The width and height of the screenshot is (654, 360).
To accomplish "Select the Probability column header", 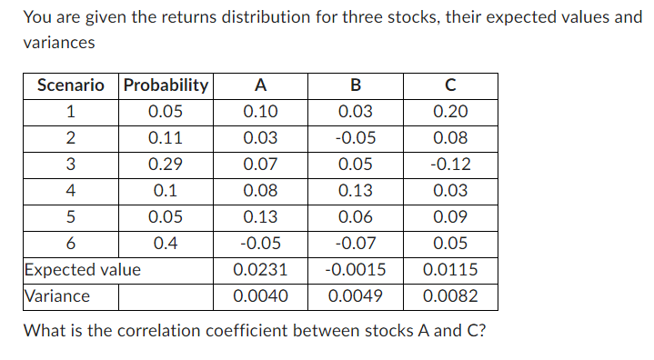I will [x=166, y=85].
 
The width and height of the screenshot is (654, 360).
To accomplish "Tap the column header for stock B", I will [x=356, y=85].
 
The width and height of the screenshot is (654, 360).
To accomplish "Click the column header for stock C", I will [x=450, y=85].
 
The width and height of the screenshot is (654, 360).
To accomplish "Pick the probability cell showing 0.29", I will [x=166, y=165].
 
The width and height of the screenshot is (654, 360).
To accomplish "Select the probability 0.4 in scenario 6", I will [x=166, y=244].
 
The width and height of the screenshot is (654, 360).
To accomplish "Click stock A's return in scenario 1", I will [x=260, y=112].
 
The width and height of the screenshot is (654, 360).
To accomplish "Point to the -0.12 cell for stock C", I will [x=450, y=165].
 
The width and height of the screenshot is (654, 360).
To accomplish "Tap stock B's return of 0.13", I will [x=356, y=191].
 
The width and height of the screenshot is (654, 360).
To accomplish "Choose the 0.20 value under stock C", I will [x=450, y=112].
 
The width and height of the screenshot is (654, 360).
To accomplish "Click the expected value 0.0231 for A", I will [x=260, y=270].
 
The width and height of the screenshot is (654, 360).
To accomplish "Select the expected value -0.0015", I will [x=356, y=270].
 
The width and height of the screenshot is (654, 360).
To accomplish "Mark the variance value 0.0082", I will [x=450, y=296].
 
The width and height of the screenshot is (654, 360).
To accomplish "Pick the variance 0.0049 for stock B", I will [x=356, y=296].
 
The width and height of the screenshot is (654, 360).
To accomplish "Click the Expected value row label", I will [x=83, y=270].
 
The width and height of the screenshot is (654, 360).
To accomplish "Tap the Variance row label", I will [x=56, y=296].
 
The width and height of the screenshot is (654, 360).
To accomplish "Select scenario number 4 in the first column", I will [x=71, y=191].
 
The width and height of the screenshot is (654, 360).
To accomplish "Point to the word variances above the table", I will [x=58, y=42].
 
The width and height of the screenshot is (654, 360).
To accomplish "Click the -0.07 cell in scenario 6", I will [x=356, y=244].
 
